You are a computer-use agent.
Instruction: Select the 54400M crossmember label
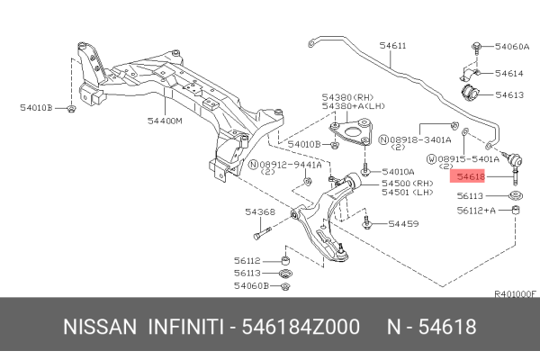coord(166,120)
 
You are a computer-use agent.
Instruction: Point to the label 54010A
coord(398,171)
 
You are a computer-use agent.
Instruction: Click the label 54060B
coord(252,287)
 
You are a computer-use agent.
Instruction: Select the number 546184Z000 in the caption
coord(296,326)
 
